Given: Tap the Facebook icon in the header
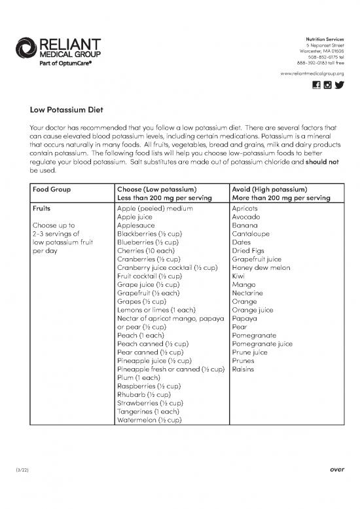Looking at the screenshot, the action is point(317,86).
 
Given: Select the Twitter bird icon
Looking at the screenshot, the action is point(339,86).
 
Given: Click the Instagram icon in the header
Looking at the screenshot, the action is point(327,86).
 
